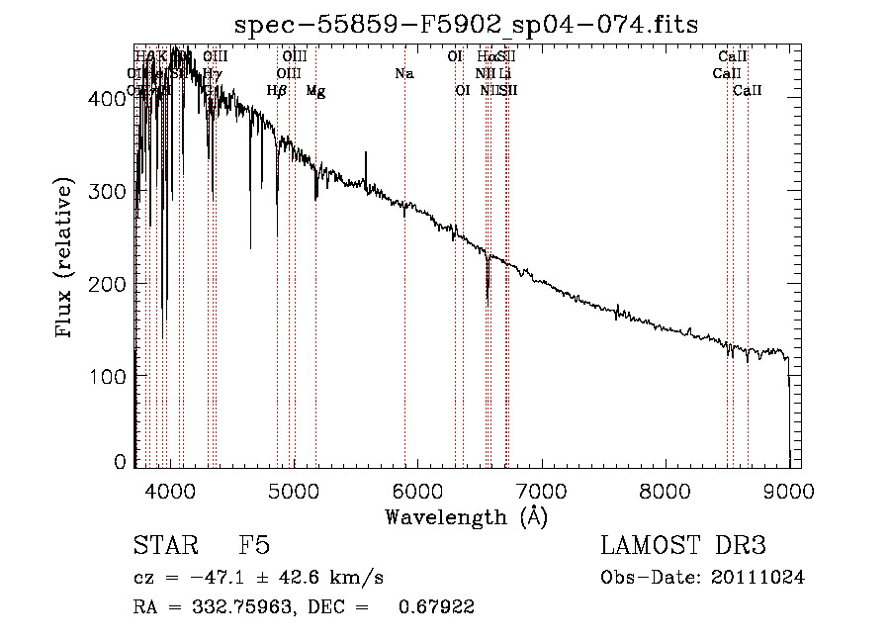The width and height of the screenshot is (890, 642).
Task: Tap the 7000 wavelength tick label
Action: point(542,490)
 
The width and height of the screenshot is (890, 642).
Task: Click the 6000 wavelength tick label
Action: point(417,490)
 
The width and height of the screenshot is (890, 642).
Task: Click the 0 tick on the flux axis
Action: point(120,462)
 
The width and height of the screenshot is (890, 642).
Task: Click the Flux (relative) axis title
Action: point(66,259)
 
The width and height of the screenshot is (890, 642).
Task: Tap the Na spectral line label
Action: point(403,73)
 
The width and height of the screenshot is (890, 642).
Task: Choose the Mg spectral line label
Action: point(315,91)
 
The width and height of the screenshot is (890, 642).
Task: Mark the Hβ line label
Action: point(277,91)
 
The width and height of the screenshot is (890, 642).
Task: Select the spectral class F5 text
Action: point(255,546)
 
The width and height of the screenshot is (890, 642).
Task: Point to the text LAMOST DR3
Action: point(683,546)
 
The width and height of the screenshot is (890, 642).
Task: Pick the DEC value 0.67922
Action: point(435,607)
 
